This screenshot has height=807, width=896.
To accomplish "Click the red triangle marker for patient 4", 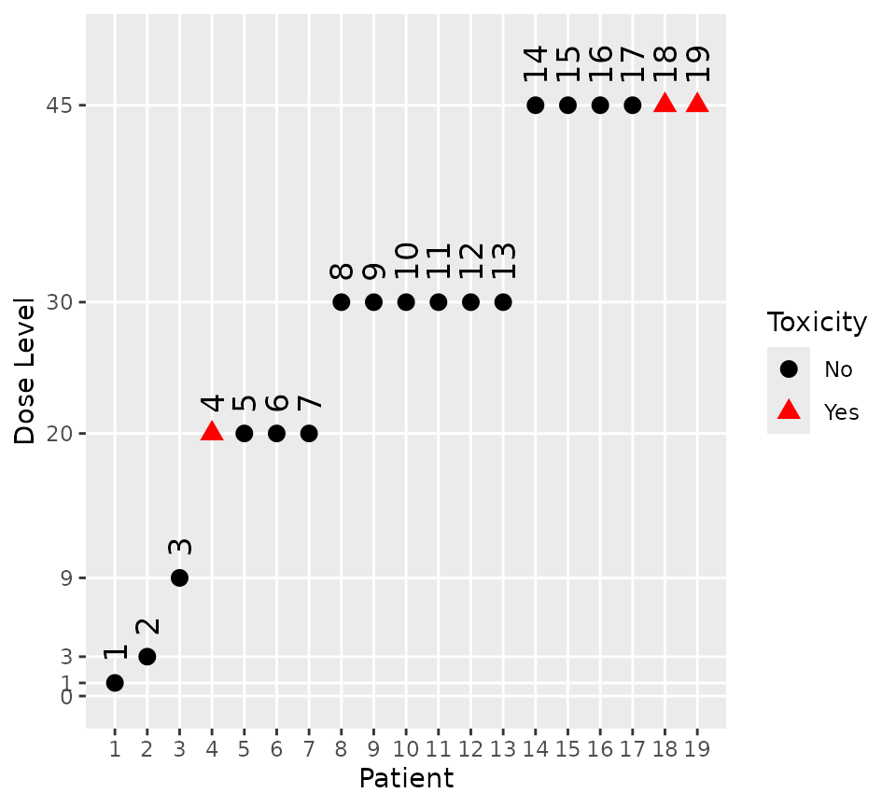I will coord(212,432).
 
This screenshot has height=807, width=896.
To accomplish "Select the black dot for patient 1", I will coord(115,683).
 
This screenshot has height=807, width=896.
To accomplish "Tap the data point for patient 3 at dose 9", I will coord(179,577).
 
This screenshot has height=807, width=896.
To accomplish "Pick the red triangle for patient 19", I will coord(697,104).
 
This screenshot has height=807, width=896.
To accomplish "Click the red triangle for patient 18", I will coord(665,104).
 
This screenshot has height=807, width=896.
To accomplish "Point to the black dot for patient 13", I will coord(503,302).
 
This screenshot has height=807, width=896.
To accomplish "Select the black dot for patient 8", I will coord(342,302).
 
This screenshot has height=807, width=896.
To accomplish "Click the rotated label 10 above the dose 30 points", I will coord(406,260).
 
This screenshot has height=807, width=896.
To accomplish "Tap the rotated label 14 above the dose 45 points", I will coord(535,63).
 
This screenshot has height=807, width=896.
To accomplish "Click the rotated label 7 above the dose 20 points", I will coord(309,403).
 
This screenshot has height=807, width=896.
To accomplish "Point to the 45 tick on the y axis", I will coord(59,105).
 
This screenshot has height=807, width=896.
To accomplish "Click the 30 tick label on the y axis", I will coord(59,302).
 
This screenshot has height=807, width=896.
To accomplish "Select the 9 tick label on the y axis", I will coord(65,577).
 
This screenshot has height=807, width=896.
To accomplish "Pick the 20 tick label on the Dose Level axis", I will coord(59,433).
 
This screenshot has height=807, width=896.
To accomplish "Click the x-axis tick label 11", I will coord(438,748).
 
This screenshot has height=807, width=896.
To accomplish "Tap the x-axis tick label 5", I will coord(245,748).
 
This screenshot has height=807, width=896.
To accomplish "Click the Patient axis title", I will coord(406,778).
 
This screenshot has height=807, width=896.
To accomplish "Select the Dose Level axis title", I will coord(26,370).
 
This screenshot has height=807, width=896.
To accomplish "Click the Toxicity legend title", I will coord(817,323).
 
